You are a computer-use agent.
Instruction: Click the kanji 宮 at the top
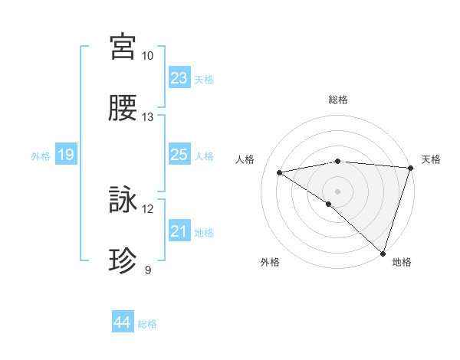click(123, 47)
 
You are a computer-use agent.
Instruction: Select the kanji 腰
click(123, 109)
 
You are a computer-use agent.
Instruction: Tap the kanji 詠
click(123, 201)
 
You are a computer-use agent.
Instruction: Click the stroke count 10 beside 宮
click(148, 56)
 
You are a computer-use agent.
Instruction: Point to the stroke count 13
click(148, 117)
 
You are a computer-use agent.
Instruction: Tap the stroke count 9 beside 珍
click(148, 270)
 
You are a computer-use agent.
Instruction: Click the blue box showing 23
click(179, 78)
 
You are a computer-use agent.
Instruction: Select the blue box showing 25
click(179, 155)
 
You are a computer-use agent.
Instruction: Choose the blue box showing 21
click(179, 231)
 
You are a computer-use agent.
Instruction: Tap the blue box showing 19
click(66, 155)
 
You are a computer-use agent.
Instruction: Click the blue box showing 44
click(123, 322)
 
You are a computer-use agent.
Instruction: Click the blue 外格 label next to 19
click(41, 156)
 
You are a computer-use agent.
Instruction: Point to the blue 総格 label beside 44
click(147, 324)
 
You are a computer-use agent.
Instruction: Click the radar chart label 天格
click(431, 159)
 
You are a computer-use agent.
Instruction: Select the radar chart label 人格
click(247, 159)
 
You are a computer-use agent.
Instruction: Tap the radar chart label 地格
click(402, 262)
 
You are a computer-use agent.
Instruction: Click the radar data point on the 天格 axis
click(411, 168)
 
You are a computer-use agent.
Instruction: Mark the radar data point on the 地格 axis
click(383, 253)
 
